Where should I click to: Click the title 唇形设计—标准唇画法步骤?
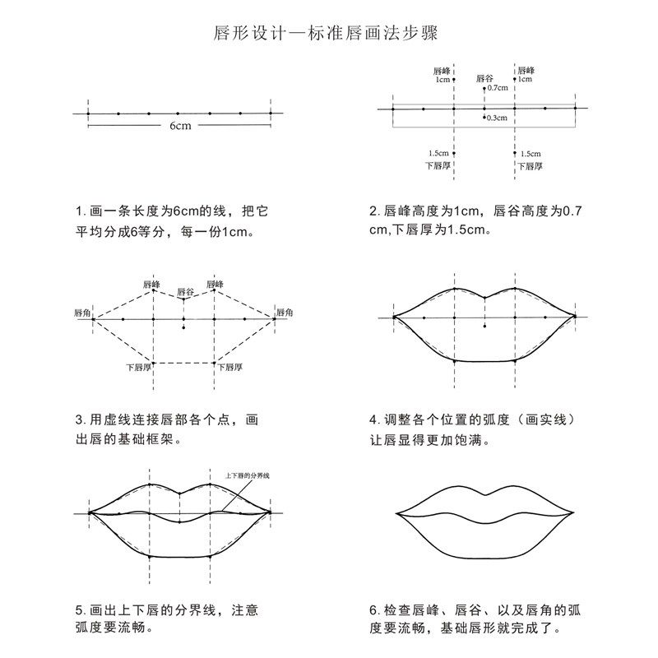coord(329,35)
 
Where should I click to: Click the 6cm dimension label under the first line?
coord(180,126)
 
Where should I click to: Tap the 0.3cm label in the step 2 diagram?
coord(496,118)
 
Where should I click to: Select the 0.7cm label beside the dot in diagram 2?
coord(498,87)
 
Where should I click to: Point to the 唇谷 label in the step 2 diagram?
coord(484,78)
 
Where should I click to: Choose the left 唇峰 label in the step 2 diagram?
coord(444,71)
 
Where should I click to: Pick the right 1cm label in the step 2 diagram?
coord(524,80)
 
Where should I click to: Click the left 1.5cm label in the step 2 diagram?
coord(438,153)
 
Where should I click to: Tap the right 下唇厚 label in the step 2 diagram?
coord(529,164)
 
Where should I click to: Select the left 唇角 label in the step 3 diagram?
coord(81,313)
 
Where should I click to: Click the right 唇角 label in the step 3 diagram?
coord(284,313)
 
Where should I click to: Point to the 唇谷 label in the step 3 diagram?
coord(185,292)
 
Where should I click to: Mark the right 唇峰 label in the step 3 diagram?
coord(215,284)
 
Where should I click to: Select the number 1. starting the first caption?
coord(79,211)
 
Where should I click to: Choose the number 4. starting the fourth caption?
coord(373,419)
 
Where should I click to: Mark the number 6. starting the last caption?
coord(373,611)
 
